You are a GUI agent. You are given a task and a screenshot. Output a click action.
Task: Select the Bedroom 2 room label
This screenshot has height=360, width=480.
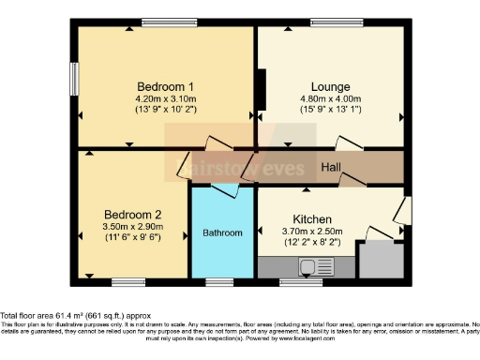click(x=133, y=213)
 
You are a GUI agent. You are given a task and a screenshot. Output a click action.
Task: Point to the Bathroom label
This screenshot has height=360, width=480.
click(x=223, y=232)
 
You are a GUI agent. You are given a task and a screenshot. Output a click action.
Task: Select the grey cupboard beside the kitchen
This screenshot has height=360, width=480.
click(x=380, y=259)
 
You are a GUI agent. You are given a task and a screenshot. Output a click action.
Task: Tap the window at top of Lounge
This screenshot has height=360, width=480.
click(x=331, y=23)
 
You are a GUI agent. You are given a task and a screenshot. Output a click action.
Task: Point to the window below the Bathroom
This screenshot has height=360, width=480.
click(x=219, y=280)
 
